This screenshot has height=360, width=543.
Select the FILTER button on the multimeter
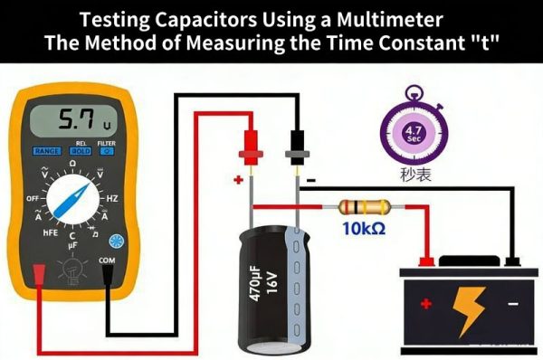(107, 151)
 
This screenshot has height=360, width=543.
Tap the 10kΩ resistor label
(364, 229)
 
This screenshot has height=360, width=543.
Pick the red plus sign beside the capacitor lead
(238, 179)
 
